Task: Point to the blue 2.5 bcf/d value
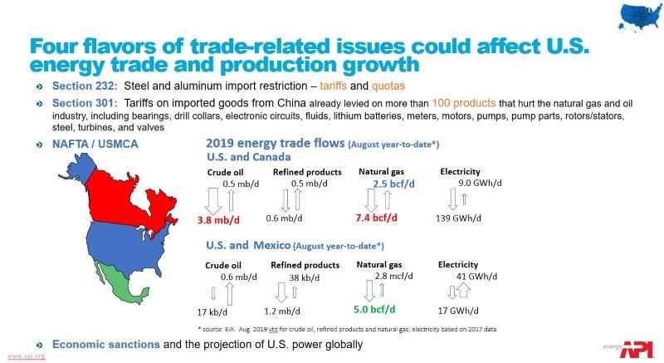point(393,184)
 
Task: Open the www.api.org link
point(27,356)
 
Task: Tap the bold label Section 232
point(82,86)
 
